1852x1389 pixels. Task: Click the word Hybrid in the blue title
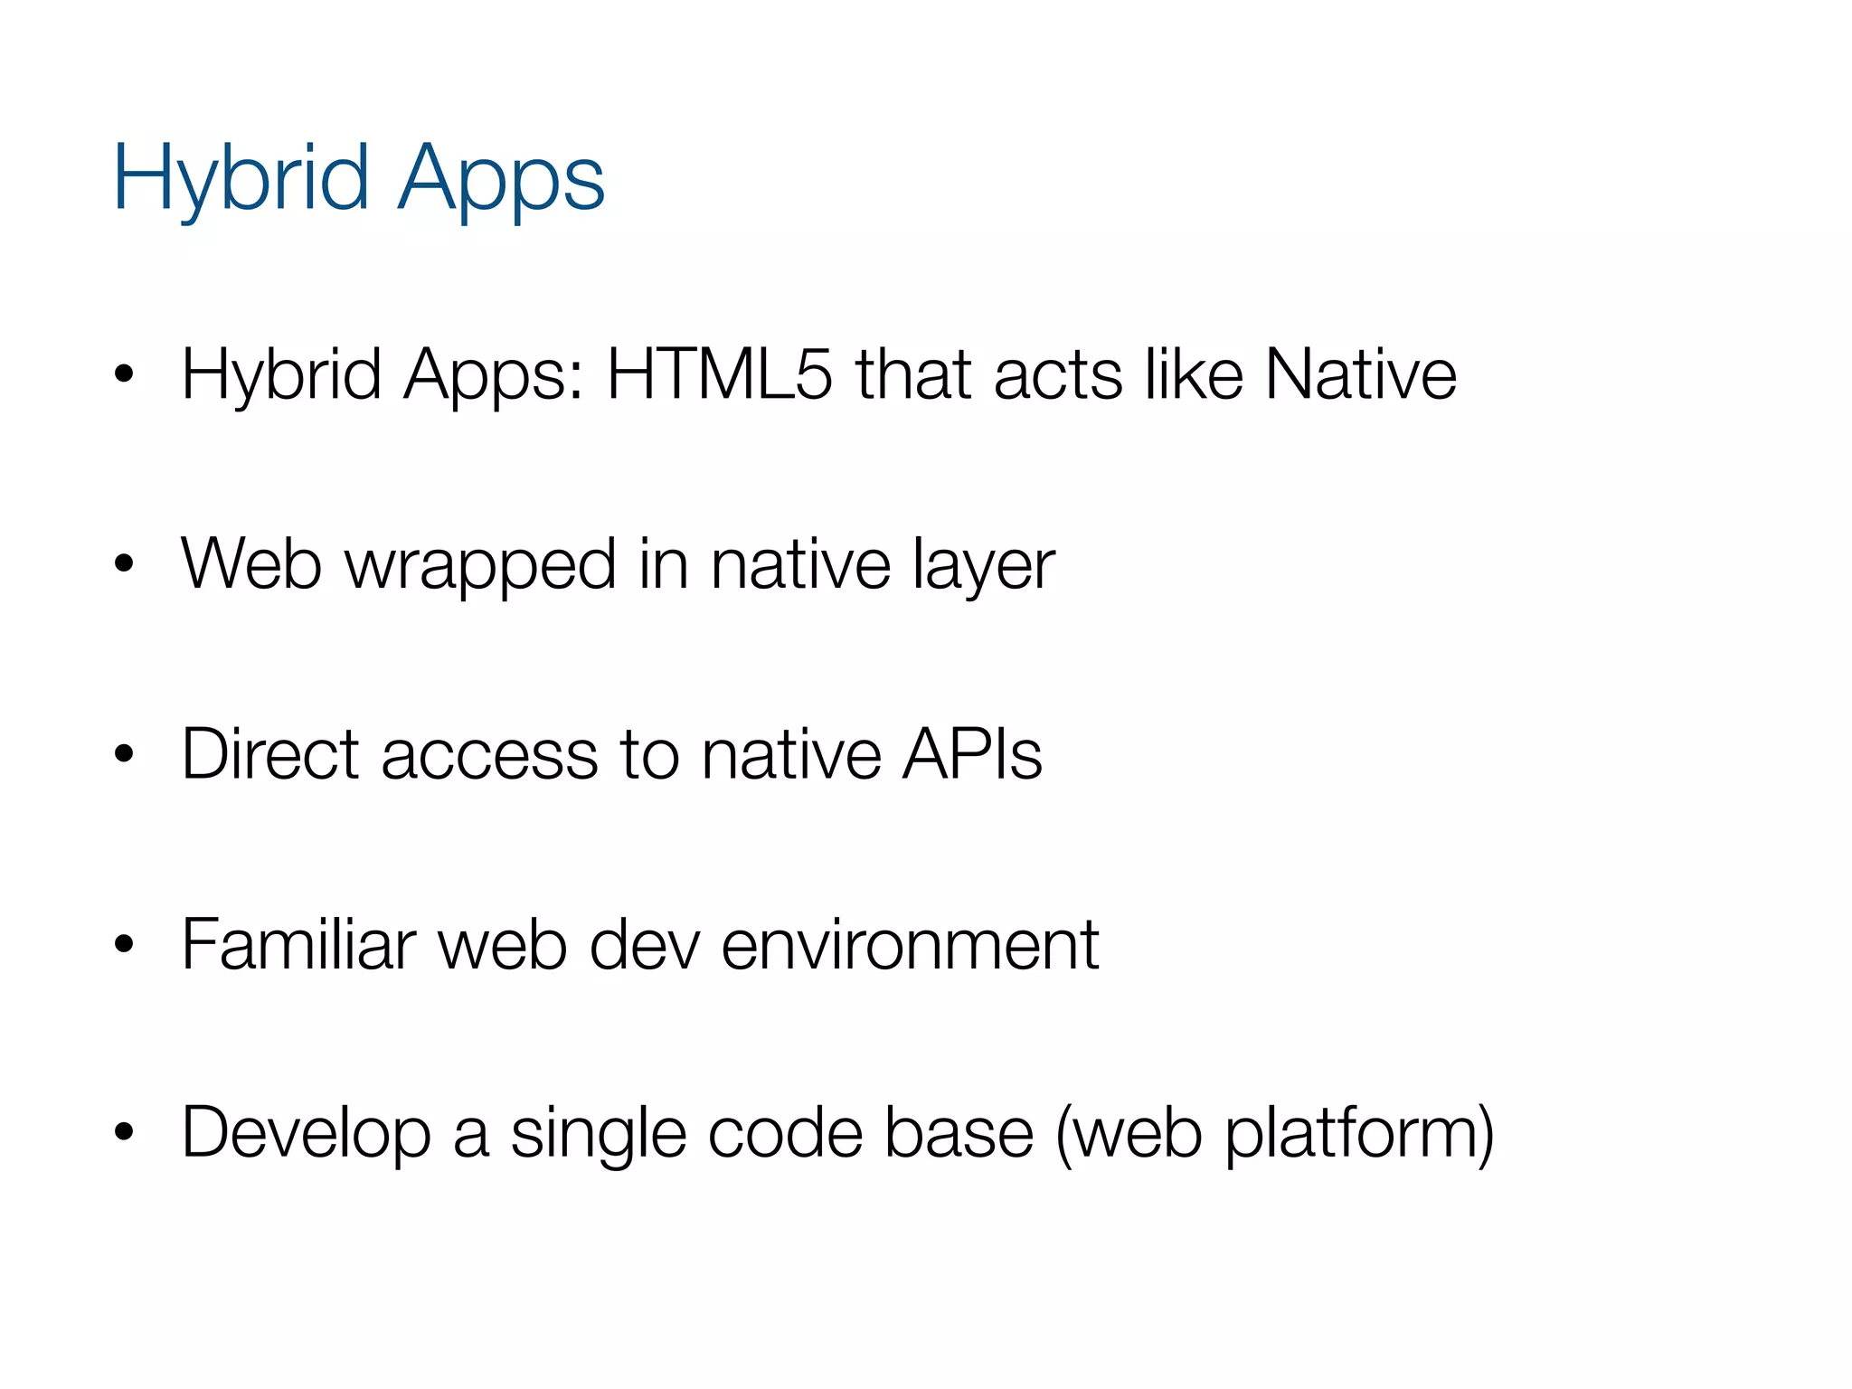coord(241,178)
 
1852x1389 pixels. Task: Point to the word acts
coord(1058,375)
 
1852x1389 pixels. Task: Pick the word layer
coord(984,566)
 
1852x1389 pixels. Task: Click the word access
coord(489,756)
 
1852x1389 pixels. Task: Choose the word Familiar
coord(298,944)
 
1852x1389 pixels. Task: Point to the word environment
coord(910,946)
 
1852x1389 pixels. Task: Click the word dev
coord(645,944)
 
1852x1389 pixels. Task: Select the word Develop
coord(307,1134)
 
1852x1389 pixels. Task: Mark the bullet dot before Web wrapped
coord(124,564)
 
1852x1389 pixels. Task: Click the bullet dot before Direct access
coord(124,753)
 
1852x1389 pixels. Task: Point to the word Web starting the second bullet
coord(251,564)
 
